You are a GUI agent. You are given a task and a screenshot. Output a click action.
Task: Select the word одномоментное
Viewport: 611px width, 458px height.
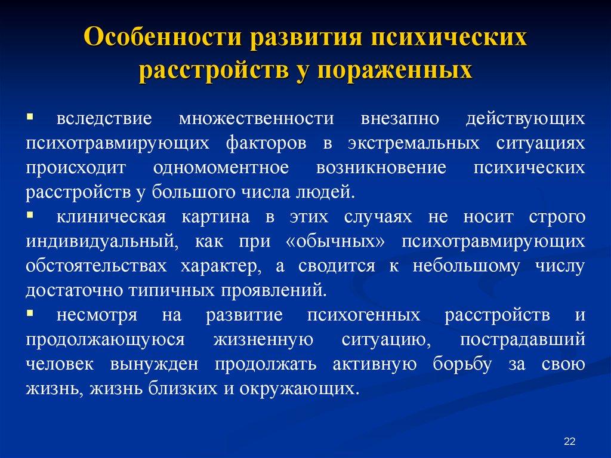point(220,168)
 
